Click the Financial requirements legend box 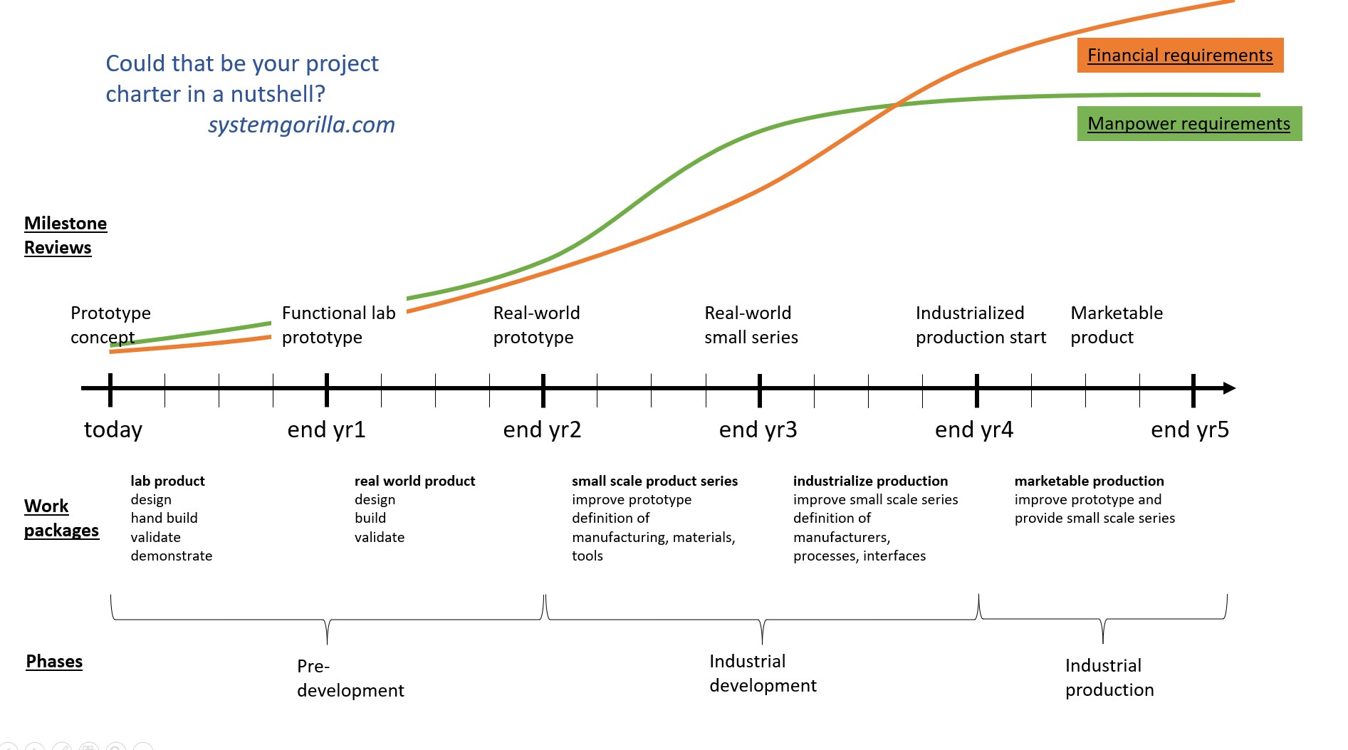1180,56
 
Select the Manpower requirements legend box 1188,124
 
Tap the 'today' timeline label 113,429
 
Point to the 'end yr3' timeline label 758,429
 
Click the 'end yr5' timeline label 1189,429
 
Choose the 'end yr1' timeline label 326,429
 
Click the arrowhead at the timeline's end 1229,388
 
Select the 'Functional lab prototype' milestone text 338,325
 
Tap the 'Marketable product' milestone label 1116,325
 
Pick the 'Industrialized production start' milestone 981,325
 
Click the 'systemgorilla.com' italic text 301,125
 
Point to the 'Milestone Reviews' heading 65,235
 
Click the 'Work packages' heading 61,518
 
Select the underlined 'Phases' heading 54,662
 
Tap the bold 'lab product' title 167,481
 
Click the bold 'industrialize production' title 870,481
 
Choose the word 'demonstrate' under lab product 171,556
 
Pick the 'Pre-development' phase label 350,678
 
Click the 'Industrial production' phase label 1109,677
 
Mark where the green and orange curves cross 897,105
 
